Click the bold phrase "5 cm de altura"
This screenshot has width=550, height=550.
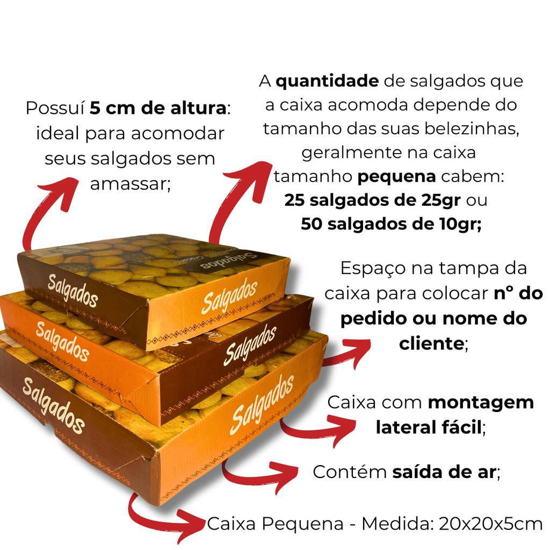pyautogui.click(x=158, y=108)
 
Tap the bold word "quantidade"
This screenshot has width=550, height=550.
pyautogui.click(x=327, y=82)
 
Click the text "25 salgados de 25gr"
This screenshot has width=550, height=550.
pyautogui.click(x=372, y=200)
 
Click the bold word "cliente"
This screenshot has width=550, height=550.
pyautogui.click(x=431, y=343)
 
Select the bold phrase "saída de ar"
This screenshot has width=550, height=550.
pyautogui.click(x=444, y=472)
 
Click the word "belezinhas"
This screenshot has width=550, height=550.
pyautogui.click(x=471, y=129)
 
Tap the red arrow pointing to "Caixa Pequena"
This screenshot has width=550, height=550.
pyautogui.click(x=154, y=519)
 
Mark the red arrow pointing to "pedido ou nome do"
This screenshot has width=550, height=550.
pyautogui.click(x=348, y=355)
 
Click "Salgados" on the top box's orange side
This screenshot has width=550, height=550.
pyautogui.click(x=229, y=296)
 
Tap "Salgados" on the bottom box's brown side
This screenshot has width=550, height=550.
pyautogui.click(x=53, y=406)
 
